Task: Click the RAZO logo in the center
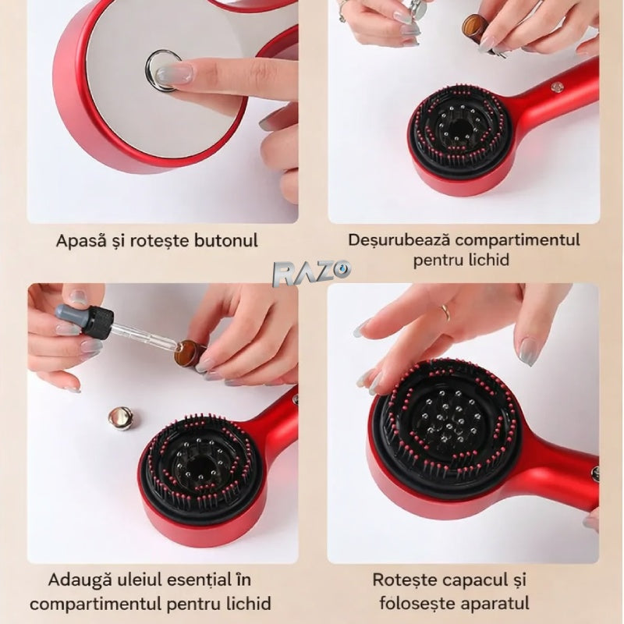pos(311,273)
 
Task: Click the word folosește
pos(414,602)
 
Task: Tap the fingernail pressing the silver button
pos(174,74)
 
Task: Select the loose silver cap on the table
pos(121,418)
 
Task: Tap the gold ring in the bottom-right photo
pos(445,313)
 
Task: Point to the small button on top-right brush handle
pos(555,85)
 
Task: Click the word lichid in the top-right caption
pos(484,260)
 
